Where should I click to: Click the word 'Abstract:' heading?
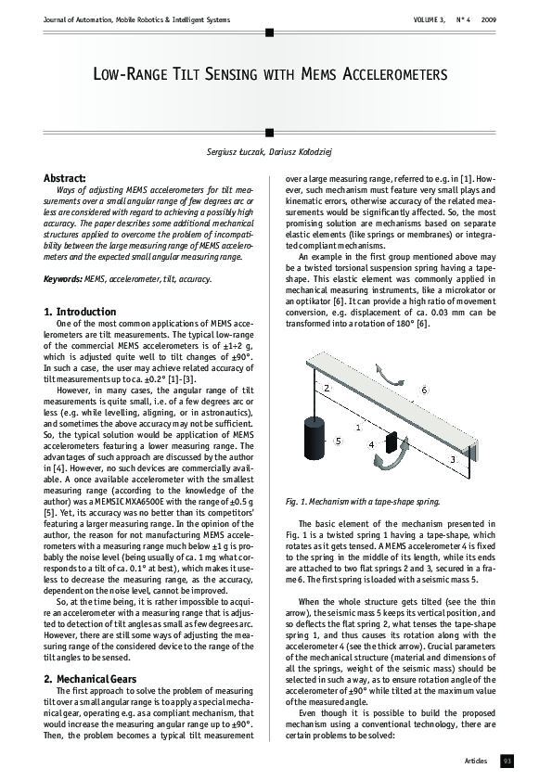(x=65, y=177)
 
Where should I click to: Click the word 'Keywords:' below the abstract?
(x=65, y=278)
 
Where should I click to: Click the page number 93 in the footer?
(x=507, y=761)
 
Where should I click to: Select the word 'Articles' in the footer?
(x=476, y=761)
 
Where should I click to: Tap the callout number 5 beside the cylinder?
(x=338, y=440)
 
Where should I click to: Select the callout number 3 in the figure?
(x=453, y=458)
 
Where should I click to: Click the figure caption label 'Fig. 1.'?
(x=299, y=502)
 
